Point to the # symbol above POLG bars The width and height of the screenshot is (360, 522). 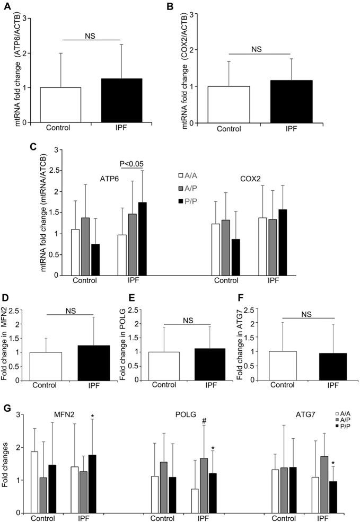203,420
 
